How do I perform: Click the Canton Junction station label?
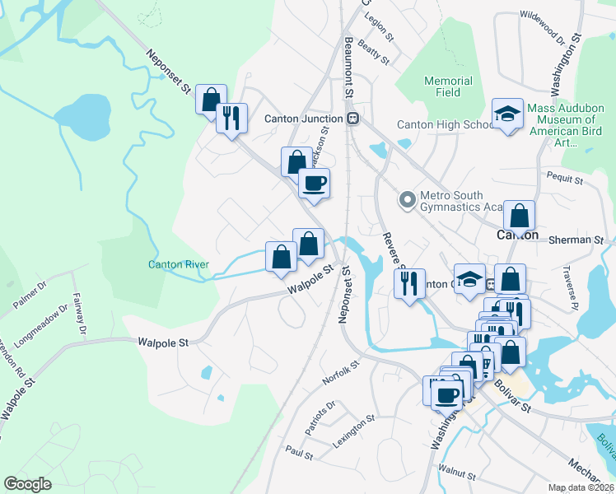pyautogui.click(x=303, y=119)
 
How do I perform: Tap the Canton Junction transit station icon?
pyautogui.click(x=352, y=119)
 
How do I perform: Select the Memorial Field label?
pyautogui.click(x=448, y=86)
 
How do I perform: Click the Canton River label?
pyautogui.click(x=178, y=265)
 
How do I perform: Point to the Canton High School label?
pyautogui.click(x=444, y=125)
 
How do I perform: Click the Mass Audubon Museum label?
pyautogui.click(x=564, y=131)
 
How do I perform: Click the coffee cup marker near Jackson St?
pyautogui.click(x=313, y=183)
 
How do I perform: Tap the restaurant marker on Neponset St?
pyautogui.click(x=231, y=118)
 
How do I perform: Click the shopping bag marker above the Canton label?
pyautogui.click(x=519, y=216)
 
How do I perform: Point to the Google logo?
pyautogui.click(x=28, y=484)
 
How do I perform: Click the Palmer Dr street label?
pyautogui.click(x=30, y=298)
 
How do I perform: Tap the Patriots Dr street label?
pyautogui.click(x=320, y=418)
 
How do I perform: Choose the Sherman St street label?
pyautogui.click(x=586, y=240)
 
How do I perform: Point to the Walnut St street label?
pyautogui.click(x=457, y=474)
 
